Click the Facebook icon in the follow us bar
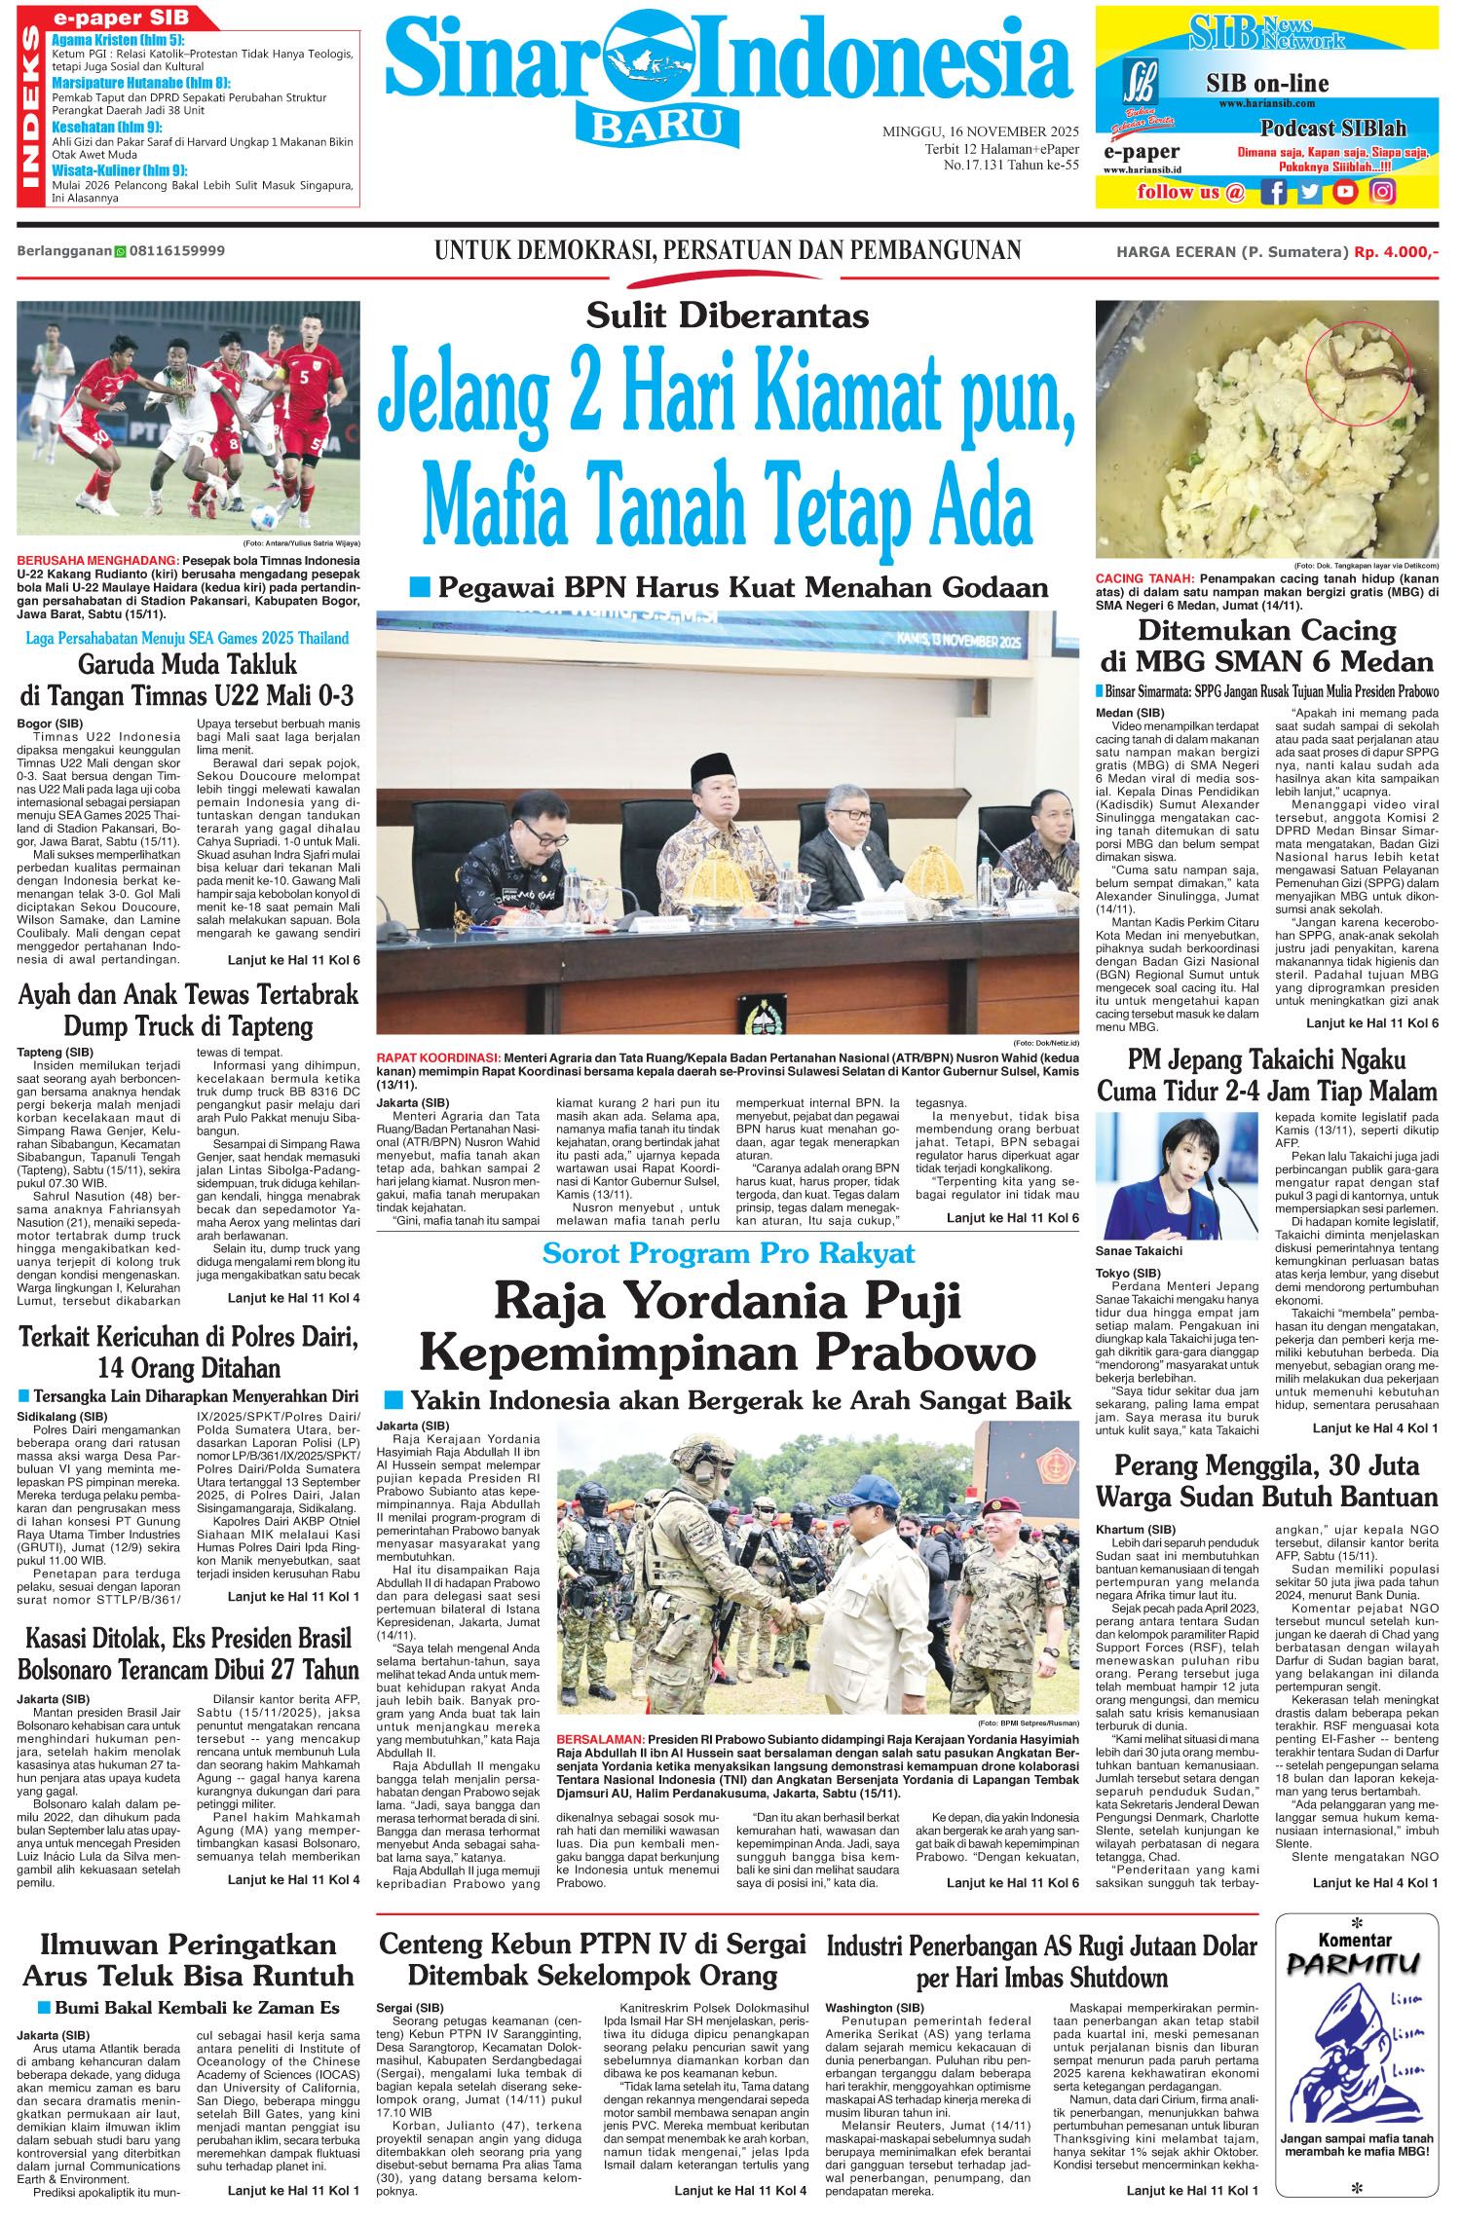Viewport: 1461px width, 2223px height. point(1272,192)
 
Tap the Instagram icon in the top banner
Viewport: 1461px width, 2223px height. point(1382,192)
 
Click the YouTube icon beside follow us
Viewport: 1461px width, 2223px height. point(1345,192)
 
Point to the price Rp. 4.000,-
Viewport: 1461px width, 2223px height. point(1396,251)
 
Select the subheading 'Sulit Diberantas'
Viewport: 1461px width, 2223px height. point(727,315)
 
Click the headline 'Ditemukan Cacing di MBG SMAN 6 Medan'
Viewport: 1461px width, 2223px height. point(1267,646)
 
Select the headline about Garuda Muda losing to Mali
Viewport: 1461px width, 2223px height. point(187,682)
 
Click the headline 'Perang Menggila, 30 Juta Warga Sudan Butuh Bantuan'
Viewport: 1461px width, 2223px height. point(1267,1480)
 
